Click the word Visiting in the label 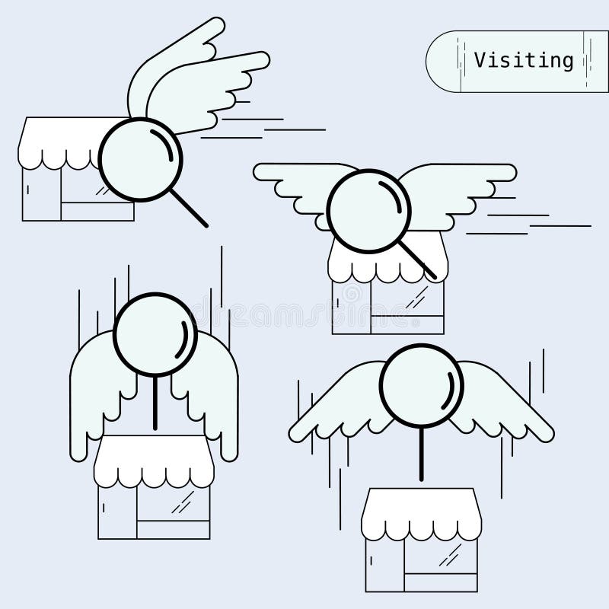[x=523, y=59]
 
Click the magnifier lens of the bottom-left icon [x=155, y=333]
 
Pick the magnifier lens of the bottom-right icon [x=421, y=385]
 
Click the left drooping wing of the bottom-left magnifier [x=95, y=396]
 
